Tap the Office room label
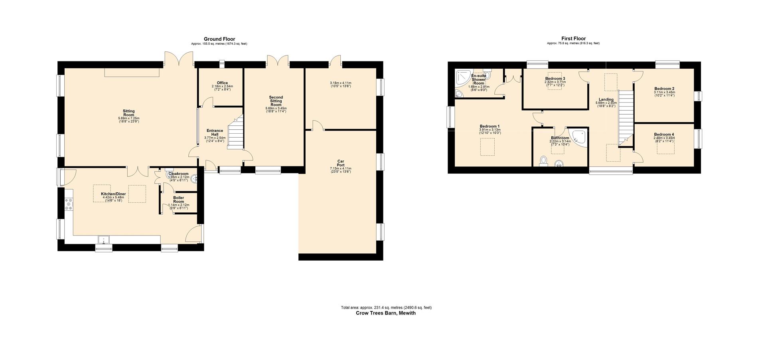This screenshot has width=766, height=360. tap(222, 83)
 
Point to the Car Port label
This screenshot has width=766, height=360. tap(340, 163)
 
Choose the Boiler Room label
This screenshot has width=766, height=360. tap(178, 200)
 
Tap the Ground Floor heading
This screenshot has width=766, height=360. tap(219, 39)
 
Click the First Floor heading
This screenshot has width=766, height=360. tap(573, 39)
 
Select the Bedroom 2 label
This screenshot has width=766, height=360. tap(664, 89)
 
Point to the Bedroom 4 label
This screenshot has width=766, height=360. tap(664, 135)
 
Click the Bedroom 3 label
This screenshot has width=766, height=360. tap(555, 79)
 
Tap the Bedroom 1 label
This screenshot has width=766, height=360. tap(490, 127)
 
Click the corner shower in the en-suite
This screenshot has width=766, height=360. tap(463, 78)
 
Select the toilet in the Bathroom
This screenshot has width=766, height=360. tap(543, 161)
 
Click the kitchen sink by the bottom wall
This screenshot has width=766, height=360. tap(105, 240)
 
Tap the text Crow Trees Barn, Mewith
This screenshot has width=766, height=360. tap(385, 313)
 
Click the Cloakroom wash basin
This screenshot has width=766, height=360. tap(195, 179)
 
